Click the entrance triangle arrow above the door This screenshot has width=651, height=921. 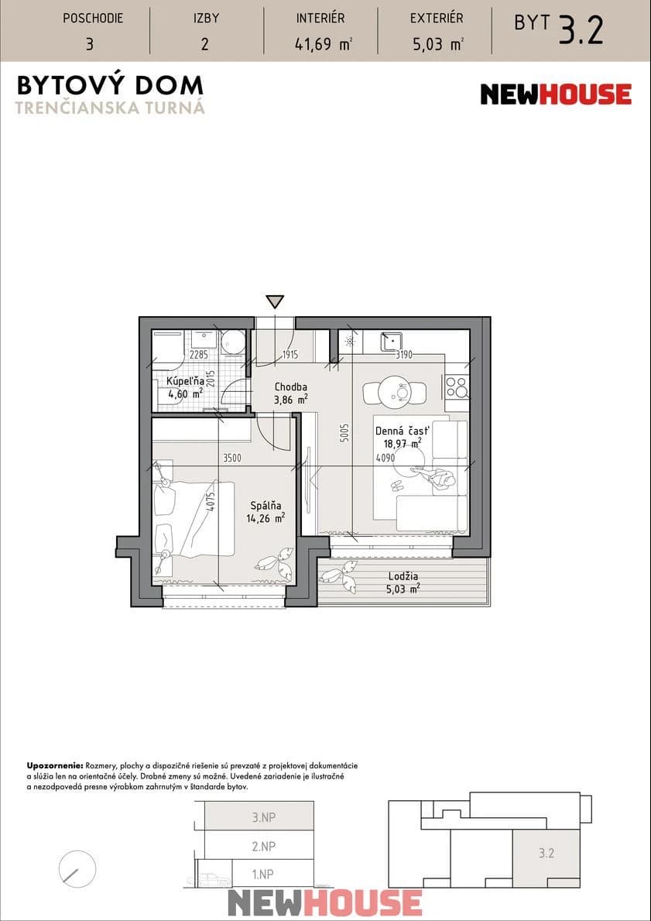275,302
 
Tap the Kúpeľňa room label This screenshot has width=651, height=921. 185,381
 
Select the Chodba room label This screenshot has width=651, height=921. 291,387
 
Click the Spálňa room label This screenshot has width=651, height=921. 266,505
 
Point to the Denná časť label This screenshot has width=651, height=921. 403,431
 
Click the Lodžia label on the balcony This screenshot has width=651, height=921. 403,576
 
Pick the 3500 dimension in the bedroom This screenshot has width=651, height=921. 232,458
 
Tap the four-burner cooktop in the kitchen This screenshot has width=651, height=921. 457,387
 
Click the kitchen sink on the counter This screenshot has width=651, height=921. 390,340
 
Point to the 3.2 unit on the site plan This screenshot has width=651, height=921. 546,854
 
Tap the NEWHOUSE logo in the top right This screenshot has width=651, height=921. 556,95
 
